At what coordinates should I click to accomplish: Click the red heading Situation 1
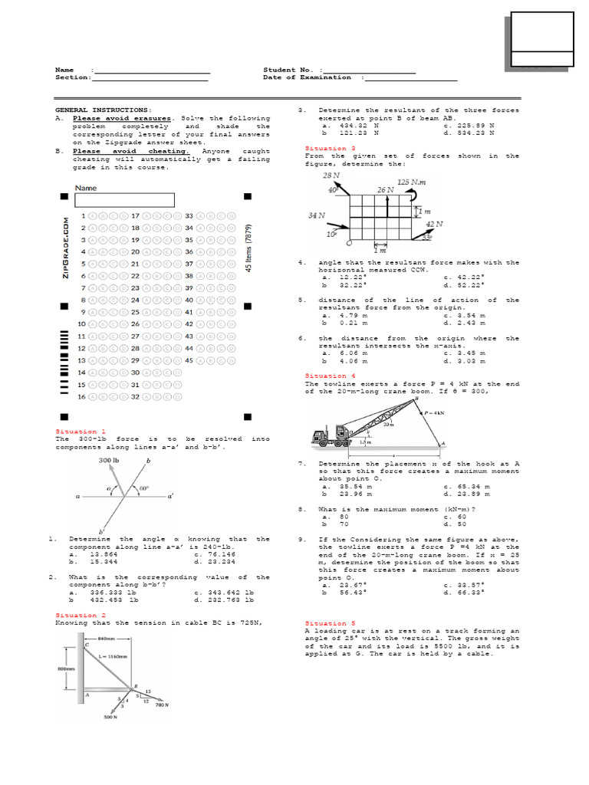point(81,432)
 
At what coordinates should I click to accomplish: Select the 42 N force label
point(435,224)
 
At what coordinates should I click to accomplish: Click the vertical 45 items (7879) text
point(247,249)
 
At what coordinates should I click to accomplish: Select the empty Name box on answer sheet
point(124,200)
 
